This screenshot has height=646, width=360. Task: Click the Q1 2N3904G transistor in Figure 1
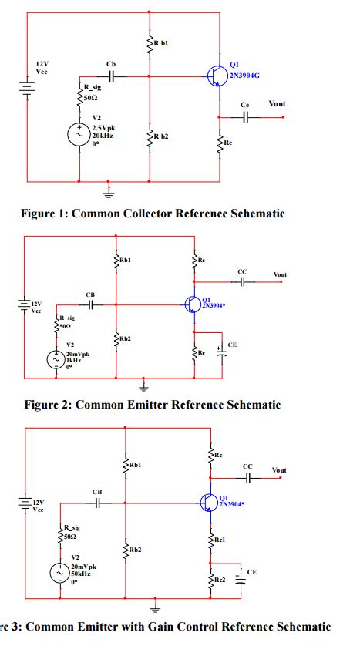pyautogui.click(x=217, y=76)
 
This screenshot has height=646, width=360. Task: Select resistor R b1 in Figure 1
pyautogui.click(x=149, y=44)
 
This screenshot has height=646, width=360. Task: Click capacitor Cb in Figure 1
pyautogui.click(x=112, y=76)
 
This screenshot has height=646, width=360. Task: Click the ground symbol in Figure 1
pyautogui.click(x=109, y=190)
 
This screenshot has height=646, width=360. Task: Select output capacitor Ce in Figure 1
pyautogui.click(x=246, y=117)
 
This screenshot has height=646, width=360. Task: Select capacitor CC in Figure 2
pyautogui.click(x=242, y=283)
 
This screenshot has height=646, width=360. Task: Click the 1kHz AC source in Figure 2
pyautogui.click(x=57, y=359)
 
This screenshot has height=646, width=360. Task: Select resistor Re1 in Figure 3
pyautogui.click(x=210, y=540)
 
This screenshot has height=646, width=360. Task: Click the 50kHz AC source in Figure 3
pyautogui.click(x=59, y=573)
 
